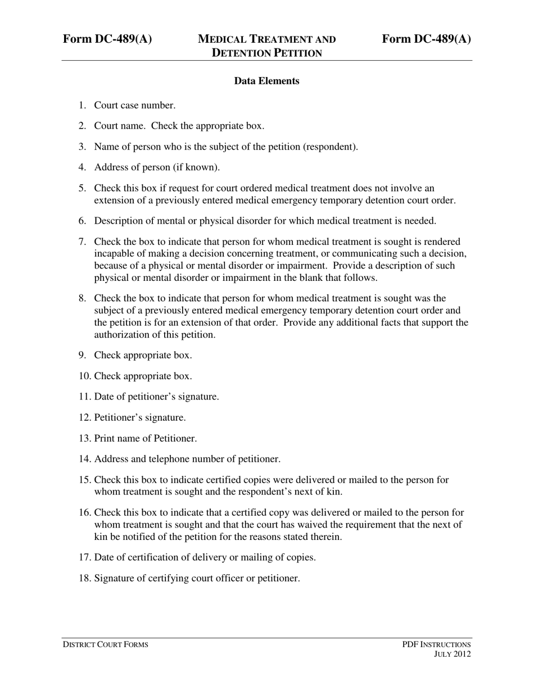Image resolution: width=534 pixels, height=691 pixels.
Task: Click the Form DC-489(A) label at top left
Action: coord(107,39)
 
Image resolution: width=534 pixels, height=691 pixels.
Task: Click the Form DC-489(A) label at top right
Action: coord(426,39)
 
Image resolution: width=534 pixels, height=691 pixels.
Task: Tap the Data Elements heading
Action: coord(266,81)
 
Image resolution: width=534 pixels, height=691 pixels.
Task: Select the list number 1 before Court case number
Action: coord(82,105)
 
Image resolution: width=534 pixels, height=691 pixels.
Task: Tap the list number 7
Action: coord(82,242)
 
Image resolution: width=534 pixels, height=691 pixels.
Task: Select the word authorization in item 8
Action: coord(121,335)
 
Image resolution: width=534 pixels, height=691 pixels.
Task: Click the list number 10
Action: coord(84,376)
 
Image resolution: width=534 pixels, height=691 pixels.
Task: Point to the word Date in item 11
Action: coord(105,397)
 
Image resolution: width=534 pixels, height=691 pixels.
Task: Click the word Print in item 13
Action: coord(105,438)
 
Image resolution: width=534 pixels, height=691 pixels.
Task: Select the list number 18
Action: coord(84,578)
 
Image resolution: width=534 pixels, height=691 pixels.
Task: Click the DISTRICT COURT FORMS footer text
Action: coord(105,644)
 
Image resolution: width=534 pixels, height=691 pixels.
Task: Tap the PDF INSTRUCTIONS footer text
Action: coord(436,644)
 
